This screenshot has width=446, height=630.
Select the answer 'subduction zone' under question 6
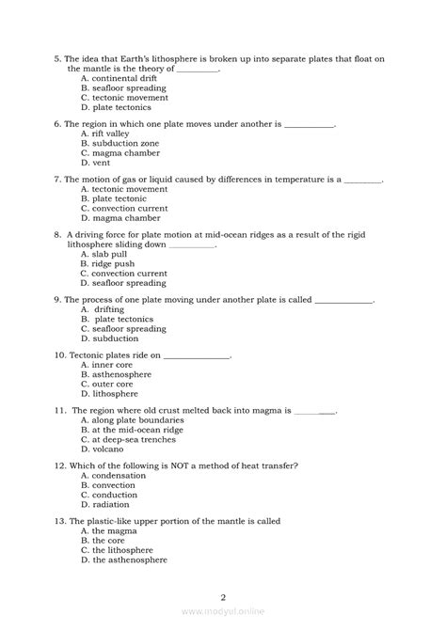124,143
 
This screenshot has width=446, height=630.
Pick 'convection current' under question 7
124,208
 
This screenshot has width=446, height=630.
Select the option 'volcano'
106,449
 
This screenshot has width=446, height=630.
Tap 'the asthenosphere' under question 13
129,559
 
